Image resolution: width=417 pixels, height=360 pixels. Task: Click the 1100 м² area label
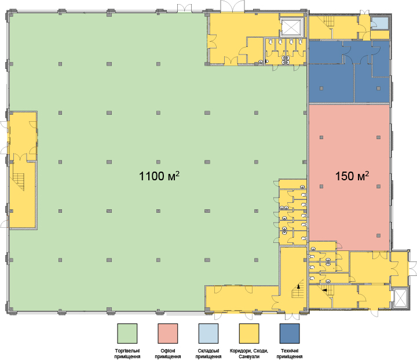tap(159, 176)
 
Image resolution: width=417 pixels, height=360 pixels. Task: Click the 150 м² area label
tap(352, 176)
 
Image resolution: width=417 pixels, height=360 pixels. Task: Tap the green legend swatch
tap(127, 334)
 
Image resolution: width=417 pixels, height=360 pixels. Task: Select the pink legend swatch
tap(168, 334)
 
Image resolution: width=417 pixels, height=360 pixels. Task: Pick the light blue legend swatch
tap(209, 334)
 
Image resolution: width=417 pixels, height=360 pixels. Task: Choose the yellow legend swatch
tap(249, 334)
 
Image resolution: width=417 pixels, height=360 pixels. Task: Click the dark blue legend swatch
tap(290, 334)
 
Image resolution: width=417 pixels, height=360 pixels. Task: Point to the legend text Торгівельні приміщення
tap(127, 354)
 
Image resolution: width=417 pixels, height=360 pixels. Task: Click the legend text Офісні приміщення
tap(168, 354)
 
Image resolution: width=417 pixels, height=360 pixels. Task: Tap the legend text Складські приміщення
tap(209, 354)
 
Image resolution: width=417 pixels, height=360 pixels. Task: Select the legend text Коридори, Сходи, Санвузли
tap(249, 354)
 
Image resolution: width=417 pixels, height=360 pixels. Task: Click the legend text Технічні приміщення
tap(290, 354)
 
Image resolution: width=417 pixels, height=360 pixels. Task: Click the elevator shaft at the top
tap(292, 27)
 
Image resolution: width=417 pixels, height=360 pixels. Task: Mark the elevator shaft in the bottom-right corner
tap(400, 298)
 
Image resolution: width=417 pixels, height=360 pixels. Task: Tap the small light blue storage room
tap(380, 23)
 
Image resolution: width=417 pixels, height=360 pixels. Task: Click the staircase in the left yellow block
tap(19, 181)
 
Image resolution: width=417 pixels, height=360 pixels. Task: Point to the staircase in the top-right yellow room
tap(328, 21)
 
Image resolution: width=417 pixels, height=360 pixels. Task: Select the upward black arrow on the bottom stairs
tap(299, 286)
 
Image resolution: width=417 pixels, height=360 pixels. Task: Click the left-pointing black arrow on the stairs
tap(324, 290)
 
